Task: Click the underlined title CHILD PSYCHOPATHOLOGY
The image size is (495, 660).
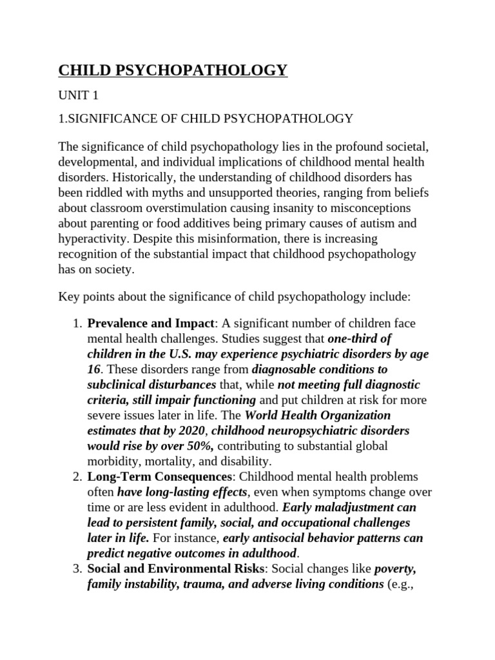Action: pos(173,70)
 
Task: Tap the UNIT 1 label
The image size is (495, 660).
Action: pos(79,95)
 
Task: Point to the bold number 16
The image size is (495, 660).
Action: pos(94,369)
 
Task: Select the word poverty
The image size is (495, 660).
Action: pos(395,568)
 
